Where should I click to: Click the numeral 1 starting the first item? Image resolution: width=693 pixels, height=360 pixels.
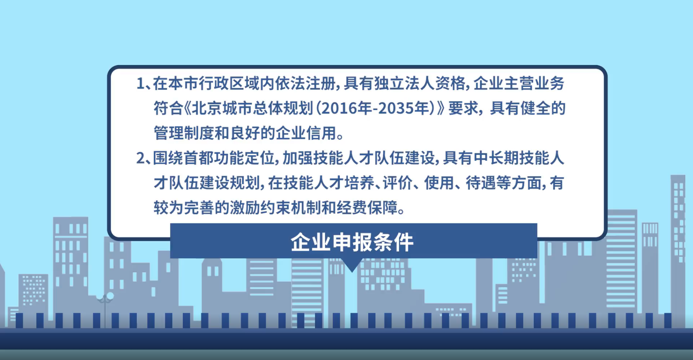140,84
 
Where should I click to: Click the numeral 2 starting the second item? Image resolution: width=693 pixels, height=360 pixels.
141,158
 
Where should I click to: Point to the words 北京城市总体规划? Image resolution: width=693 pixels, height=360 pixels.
252,108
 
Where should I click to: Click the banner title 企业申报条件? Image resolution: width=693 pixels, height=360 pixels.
352,242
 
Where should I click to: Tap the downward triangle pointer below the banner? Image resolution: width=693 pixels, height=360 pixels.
352,265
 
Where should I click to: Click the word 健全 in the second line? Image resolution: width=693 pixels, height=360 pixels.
535,108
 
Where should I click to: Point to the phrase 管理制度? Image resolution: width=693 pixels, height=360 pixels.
184,133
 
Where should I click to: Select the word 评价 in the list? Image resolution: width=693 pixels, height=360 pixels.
398,183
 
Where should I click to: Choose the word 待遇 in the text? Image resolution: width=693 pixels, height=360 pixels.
481,183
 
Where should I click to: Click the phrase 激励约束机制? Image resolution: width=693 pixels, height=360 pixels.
275,208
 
